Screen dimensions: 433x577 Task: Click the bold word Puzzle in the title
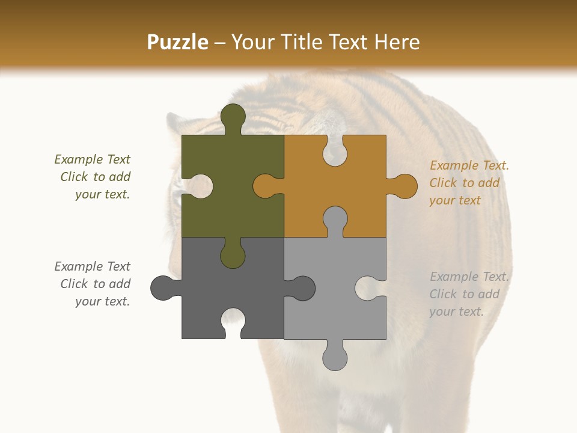[x=178, y=42]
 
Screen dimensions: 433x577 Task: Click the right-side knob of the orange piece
[x=403, y=186]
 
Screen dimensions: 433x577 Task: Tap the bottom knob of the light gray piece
[x=335, y=356]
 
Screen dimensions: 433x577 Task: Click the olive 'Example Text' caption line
[x=92, y=159]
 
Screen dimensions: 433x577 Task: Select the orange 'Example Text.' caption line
[x=469, y=165]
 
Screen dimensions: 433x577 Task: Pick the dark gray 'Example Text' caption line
[x=92, y=266]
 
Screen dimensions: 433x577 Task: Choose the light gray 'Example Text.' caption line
[x=469, y=277]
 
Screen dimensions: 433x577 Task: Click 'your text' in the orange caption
[x=455, y=200]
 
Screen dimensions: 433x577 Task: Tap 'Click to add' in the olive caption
[x=95, y=177]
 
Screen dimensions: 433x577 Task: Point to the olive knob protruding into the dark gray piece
[x=233, y=254]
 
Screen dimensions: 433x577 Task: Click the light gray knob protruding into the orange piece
[x=335, y=220]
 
